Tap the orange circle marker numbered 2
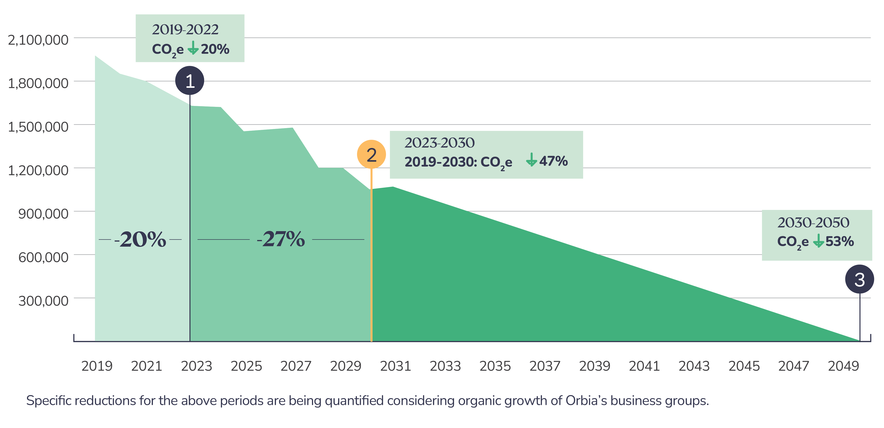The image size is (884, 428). [x=371, y=155]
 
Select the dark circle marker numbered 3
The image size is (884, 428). [x=859, y=279]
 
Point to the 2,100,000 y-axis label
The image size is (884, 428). [x=38, y=40]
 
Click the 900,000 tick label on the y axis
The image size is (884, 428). [x=43, y=214]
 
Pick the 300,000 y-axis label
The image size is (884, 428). [x=43, y=301]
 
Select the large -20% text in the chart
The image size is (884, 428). [x=140, y=239]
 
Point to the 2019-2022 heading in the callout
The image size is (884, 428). [x=185, y=30]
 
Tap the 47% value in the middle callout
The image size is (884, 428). [x=553, y=161]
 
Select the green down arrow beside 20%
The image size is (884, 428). [x=193, y=48]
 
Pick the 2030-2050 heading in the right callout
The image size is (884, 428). [x=813, y=223]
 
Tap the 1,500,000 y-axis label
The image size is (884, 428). [x=38, y=127]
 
